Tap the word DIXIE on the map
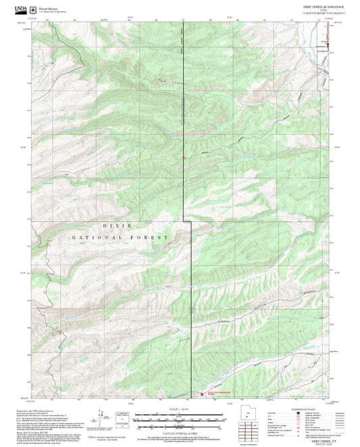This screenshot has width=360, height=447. coord(124,226)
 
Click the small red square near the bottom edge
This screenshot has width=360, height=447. coord(200,394)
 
